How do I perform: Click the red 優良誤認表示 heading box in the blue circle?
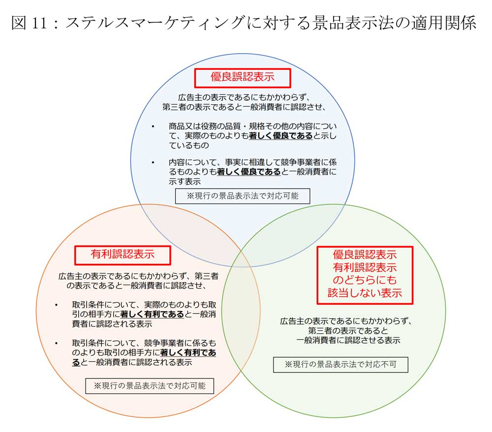pos(243,78)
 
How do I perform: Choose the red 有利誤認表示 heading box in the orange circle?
pos(123,255)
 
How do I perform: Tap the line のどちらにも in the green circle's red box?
pos(365,280)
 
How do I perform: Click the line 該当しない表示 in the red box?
pos(365,292)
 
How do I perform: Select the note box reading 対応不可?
pos(340,365)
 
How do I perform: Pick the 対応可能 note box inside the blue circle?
pos(243,196)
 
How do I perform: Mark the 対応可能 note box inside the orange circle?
pos(150,386)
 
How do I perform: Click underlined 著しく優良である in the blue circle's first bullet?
pos(281,136)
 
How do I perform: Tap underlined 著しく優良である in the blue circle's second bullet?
pos(249,172)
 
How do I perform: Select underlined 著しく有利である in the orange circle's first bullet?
pos(152,314)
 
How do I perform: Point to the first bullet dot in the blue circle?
pos(153,127)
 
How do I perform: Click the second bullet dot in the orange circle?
pos(56,343)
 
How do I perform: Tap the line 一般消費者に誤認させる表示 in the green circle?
pos(348,340)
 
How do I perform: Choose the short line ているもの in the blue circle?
pos(189,145)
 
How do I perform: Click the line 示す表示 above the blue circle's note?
pos(185,181)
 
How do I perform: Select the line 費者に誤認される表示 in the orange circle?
pos(112,324)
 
